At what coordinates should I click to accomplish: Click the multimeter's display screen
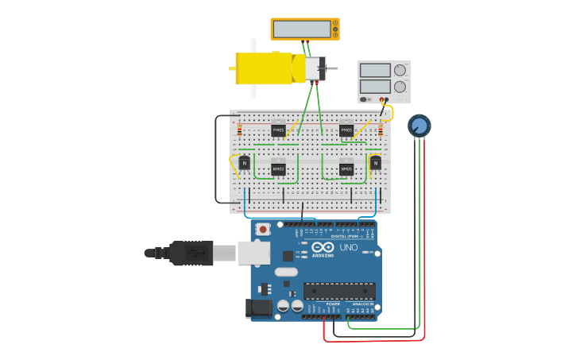[302, 29]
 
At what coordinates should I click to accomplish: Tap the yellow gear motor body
[264, 68]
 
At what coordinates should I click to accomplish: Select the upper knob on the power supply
[400, 71]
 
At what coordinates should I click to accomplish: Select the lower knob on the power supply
[400, 86]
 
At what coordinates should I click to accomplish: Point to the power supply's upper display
[375, 71]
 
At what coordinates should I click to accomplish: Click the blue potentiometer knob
[419, 125]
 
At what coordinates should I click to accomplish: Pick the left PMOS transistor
[278, 130]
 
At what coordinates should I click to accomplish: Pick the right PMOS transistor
[346, 130]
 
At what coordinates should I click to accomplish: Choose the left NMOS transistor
[278, 168]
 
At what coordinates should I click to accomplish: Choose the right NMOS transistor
[346, 168]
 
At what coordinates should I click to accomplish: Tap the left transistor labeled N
[245, 163]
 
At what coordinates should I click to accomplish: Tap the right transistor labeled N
[375, 163]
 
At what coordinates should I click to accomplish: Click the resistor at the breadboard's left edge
[239, 130]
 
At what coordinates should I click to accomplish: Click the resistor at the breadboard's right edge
[381, 130]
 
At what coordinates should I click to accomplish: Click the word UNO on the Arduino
[349, 249]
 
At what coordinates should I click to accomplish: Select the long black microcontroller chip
[339, 291]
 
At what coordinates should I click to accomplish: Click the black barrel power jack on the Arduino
[260, 308]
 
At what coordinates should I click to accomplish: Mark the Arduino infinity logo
[323, 247]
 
